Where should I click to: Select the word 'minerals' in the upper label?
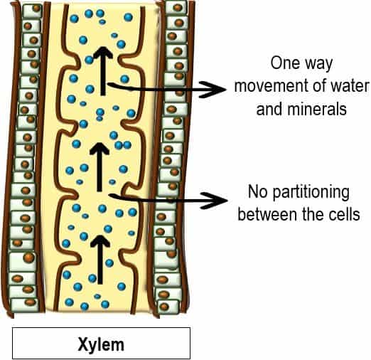(317, 109)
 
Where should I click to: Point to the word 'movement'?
(271, 86)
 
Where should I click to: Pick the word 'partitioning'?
(311, 194)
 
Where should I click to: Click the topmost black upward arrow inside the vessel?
(103, 71)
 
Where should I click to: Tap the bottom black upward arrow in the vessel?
(100, 260)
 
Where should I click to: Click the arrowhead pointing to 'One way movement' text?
(213, 90)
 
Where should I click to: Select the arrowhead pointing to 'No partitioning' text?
(214, 201)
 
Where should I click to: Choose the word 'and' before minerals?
(270, 109)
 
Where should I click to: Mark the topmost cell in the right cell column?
(176, 6)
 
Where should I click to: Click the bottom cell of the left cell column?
(25, 305)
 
